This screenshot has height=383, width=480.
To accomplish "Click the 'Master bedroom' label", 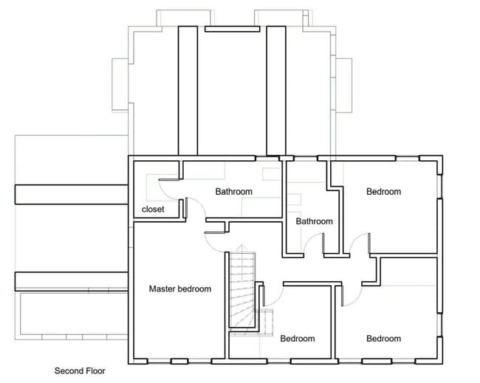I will click(x=179, y=289).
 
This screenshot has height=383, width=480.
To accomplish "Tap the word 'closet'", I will click(x=153, y=209).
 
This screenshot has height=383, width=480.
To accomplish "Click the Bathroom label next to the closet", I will click(x=233, y=192).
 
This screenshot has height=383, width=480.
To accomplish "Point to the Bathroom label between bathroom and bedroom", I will click(x=314, y=221).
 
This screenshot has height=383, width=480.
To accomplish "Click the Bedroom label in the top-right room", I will click(x=383, y=192).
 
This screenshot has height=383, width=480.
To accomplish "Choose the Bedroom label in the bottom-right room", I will click(x=383, y=339).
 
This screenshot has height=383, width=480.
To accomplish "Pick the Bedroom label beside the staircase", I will click(x=297, y=339).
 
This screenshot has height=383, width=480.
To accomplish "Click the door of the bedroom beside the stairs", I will click(x=272, y=295).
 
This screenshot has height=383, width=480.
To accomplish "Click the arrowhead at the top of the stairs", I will click(x=239, y=250).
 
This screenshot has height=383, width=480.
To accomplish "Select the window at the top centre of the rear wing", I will click(x=231, y=30).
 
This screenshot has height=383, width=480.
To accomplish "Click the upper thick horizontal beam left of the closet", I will click(x=71, y=193).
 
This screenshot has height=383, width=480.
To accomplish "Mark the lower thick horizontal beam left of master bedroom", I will click(x=71, y=280).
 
